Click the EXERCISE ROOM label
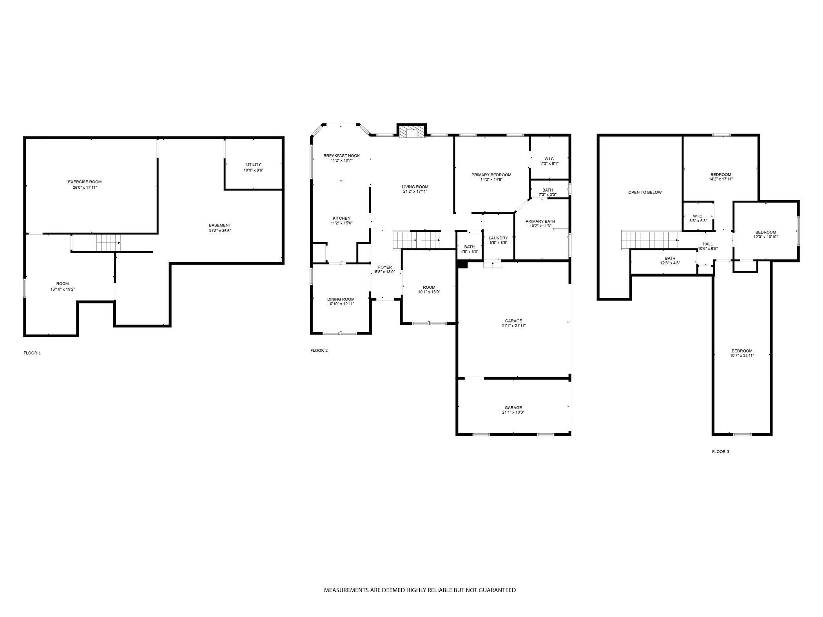pos(85,182)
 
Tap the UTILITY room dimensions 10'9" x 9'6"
pos(254,170)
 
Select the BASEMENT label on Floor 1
pos(220,225)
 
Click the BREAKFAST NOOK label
pos(341,156)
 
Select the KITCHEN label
pos(341,218)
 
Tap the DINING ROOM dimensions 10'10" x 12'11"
pos(341,304)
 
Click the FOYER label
pos(385,267)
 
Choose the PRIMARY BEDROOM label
pos(491,175)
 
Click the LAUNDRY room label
pos(498,238)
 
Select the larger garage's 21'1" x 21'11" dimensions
pos(513,326)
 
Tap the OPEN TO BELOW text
pos(645,192)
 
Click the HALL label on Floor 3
pos(708,244)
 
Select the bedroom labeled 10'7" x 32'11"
pos(742,353)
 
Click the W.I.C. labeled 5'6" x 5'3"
pos(698,219)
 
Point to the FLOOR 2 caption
pos(319,351)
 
